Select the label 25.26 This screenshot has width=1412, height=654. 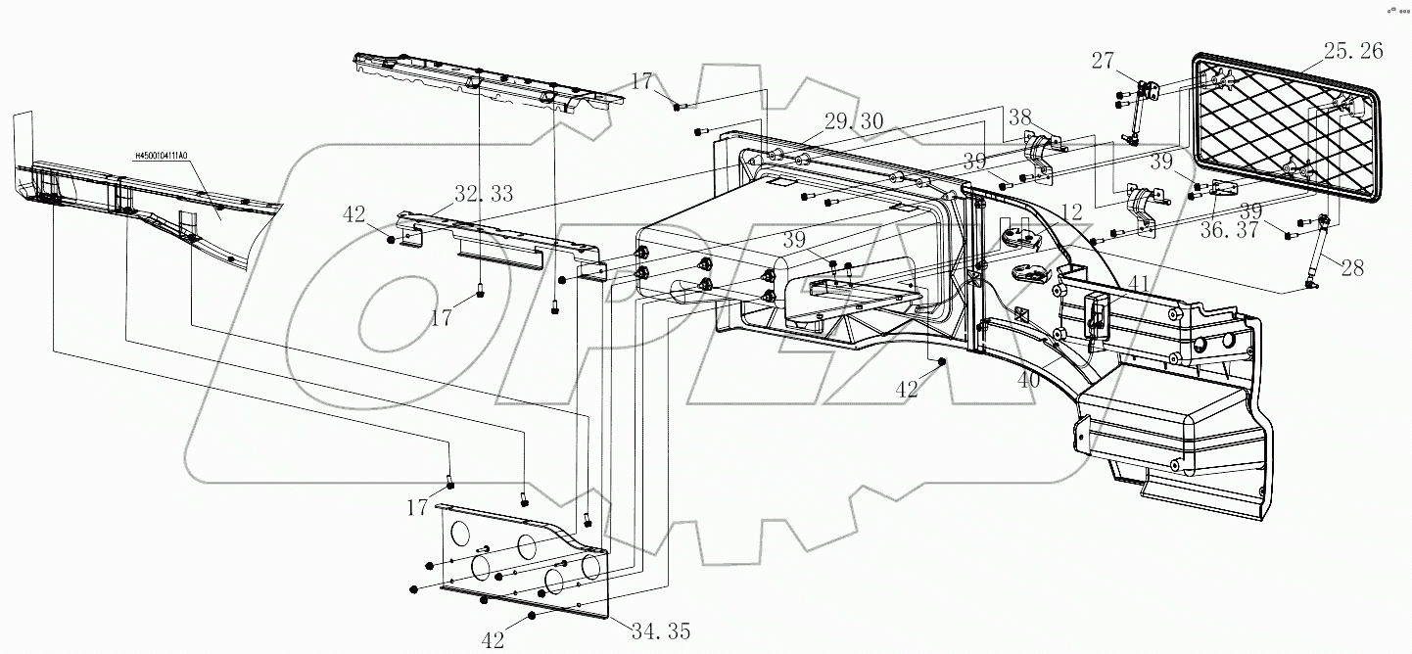[x=1353, y=51]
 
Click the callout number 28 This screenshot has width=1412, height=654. [x=1352, y=268]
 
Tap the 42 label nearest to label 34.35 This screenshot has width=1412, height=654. [x=493, y=639]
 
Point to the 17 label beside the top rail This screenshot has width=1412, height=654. [x=641, y=81]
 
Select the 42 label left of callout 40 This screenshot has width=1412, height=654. [x=907, y=389]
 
